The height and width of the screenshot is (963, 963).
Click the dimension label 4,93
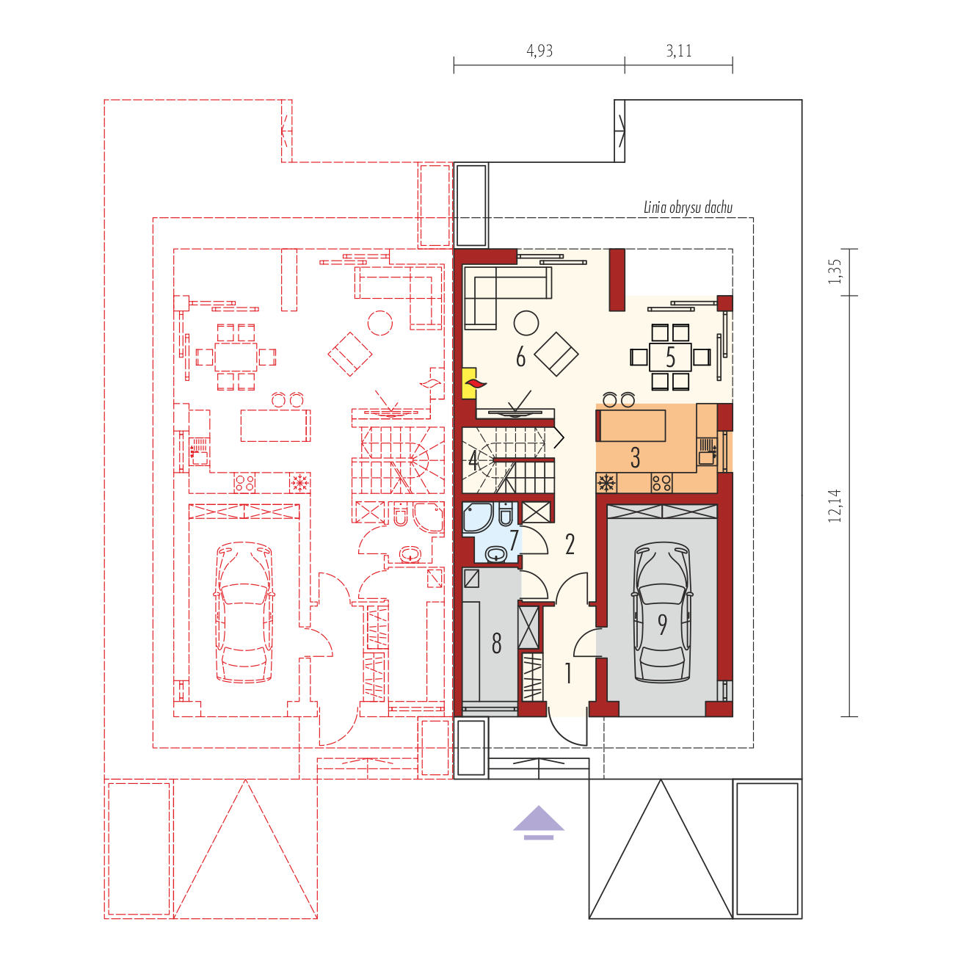point(539,51)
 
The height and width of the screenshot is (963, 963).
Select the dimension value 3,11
point(679,51)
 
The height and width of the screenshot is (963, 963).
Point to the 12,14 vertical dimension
point(835,506)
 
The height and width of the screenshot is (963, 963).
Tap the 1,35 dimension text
point(835,272)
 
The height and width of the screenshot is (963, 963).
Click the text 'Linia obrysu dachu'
point(688,208)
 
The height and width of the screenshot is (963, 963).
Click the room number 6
point(520,357)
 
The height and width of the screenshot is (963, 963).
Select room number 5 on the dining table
point(670,357)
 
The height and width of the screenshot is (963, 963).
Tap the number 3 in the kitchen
point(635,457)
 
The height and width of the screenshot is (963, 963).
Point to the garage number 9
point(662,624)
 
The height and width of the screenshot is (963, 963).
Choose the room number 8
point(496,643)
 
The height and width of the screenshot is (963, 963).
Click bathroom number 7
point(514,540)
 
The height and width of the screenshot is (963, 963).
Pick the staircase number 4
point(473,459)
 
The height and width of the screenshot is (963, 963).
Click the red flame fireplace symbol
point(475,384)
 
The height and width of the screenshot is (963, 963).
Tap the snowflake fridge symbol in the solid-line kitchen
point(606,483)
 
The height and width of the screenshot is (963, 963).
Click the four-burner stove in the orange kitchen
point(661,483)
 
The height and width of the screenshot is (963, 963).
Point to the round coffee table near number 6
point(526,323)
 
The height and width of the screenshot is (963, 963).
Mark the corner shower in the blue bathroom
point(479,517)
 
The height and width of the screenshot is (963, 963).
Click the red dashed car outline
point(244,611)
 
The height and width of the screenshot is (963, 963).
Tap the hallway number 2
point(570,545)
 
